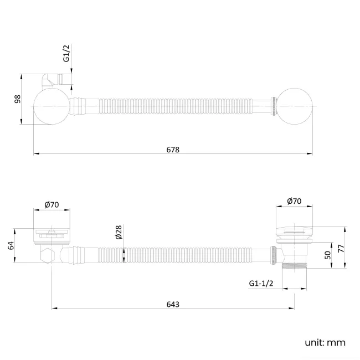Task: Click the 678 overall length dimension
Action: tap(172, 150)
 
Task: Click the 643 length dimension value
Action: tap(172, 304)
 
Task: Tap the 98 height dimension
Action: tap(17, 99)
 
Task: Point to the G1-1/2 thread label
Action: tap(261, 284)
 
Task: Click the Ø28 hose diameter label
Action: tap(119, 232)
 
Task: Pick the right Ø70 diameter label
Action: tap(295, 202)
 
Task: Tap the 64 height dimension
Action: tap(11, 245)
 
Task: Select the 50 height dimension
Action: tap(328, 255)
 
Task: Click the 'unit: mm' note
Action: tap(325, 342)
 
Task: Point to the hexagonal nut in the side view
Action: tap(49, 255)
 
